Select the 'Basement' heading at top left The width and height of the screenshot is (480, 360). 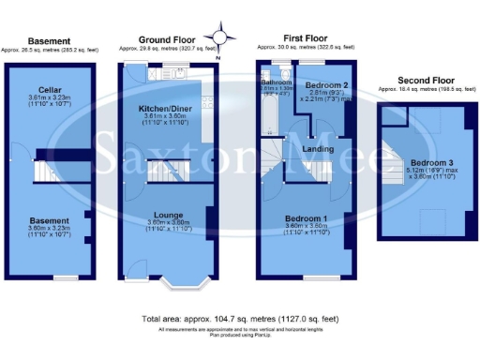49,41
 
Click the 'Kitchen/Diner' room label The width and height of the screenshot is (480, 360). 165,109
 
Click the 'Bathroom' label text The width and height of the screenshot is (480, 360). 277,82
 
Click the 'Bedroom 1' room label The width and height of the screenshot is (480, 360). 307,217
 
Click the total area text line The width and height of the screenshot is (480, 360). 239,320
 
